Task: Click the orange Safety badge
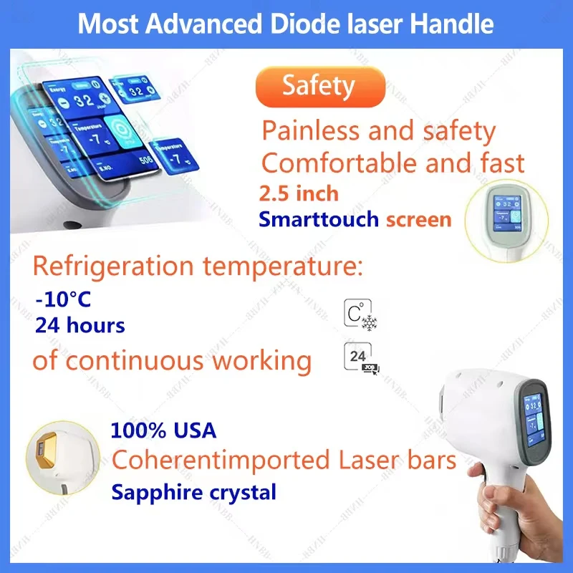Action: [319, 86]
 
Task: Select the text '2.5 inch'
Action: [299, 193]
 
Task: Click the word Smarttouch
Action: [319, 219]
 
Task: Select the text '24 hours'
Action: [80, 326]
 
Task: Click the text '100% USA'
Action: [163, 430]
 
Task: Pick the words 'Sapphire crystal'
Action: [193, 492]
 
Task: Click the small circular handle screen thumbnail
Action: [506, 212]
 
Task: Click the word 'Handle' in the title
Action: [456, 24]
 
